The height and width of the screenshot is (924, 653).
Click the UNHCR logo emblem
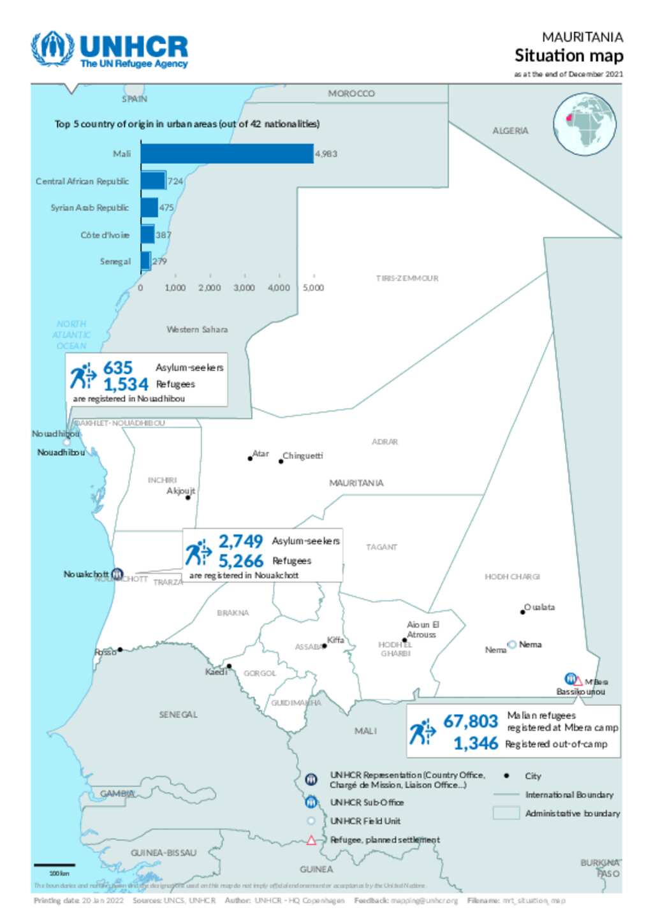pos(53,48)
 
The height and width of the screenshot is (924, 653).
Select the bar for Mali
pos(227,154)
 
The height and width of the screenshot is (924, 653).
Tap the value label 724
pos(175,181)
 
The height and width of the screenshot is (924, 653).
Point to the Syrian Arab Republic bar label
pos(89,208)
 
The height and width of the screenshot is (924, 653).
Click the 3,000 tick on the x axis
pos(244,288)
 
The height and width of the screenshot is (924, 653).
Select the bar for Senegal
pos(145,261)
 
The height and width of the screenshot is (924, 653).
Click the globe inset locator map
pos(584,124)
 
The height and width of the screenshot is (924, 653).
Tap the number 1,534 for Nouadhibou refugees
pos(126,385)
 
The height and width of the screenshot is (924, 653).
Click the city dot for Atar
pos(250,458)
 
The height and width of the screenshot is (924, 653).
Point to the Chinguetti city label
pos(303,456)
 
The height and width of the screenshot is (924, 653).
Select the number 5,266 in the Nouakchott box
pos(240,561)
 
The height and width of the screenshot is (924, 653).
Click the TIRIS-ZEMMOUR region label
pos(407,278)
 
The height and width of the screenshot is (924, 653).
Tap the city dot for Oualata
pos(523,612)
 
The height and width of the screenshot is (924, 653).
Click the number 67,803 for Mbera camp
pos(471,721)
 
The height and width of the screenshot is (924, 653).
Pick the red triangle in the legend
pos(311,840)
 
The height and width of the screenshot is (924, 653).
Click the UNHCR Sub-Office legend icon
pos(311,802)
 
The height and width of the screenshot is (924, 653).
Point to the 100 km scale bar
pos(54,865)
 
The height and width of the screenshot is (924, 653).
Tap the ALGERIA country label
pos(510,131)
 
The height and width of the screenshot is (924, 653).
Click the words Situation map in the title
pos(569,56)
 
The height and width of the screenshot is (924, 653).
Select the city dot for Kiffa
pos(325,646)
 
